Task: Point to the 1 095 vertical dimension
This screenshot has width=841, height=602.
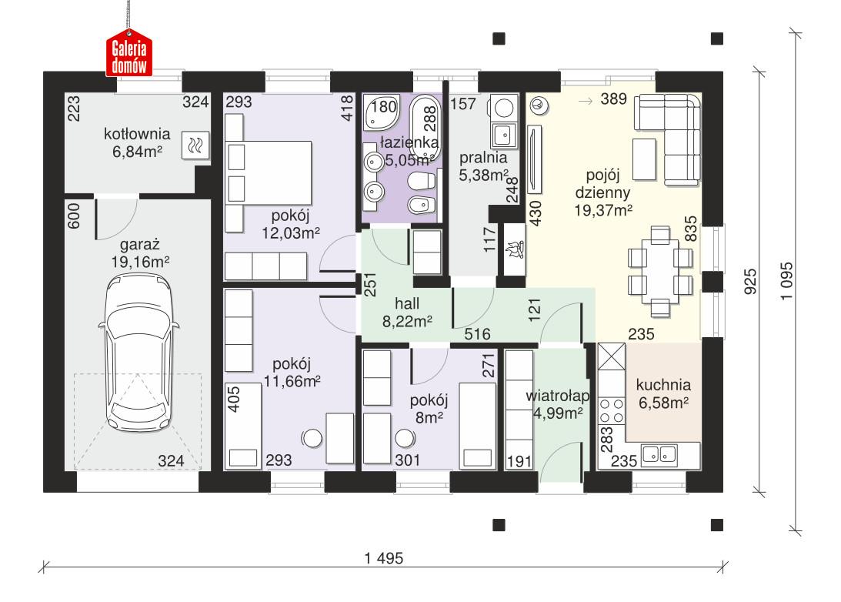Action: point(784,283)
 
